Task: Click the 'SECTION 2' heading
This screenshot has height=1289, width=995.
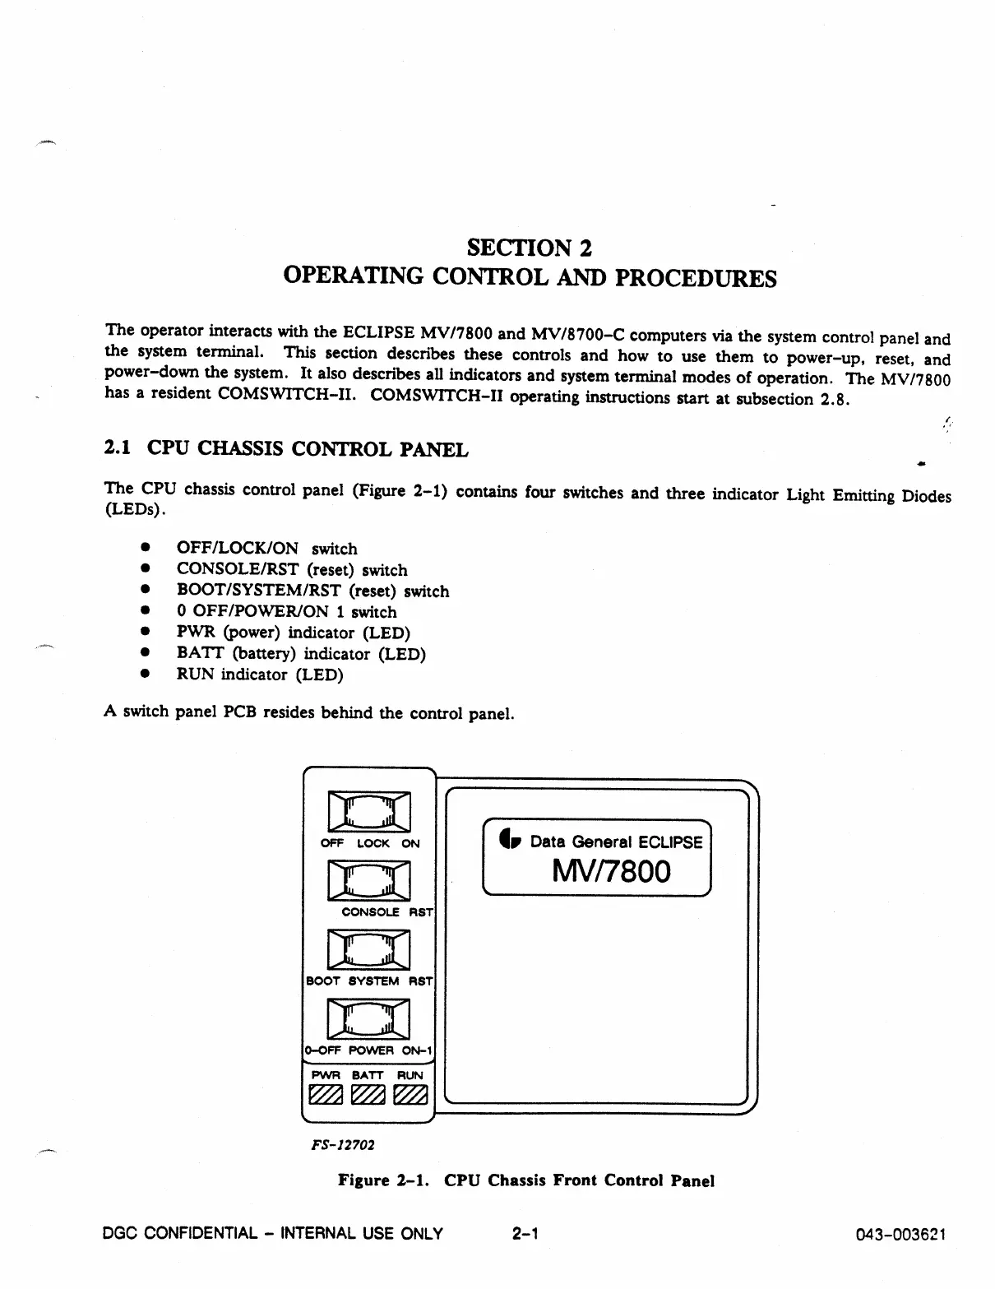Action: (529, 248)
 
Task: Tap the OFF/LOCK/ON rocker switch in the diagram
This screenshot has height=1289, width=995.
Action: (368, 812)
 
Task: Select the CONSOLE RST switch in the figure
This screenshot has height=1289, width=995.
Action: (368, 881)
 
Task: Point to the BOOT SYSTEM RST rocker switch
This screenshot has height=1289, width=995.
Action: (368, 950)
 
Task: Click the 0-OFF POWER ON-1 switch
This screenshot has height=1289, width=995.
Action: (368, 1019)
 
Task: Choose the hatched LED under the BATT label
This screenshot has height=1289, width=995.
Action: (367, 1096)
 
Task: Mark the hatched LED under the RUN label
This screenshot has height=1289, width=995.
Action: (410, 1096)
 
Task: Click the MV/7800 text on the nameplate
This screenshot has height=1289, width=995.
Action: (611, 872)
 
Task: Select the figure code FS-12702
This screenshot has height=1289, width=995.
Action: (340, 1144)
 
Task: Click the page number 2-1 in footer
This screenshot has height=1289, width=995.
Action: (524, 1233)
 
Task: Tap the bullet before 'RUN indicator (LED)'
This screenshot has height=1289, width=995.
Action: (145, 674)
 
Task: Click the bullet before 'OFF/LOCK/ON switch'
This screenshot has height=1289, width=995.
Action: (145, 547)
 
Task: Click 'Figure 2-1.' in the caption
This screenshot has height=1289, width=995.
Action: (386, 1180)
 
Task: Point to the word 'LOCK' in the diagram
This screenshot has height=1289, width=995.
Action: (373, 843)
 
